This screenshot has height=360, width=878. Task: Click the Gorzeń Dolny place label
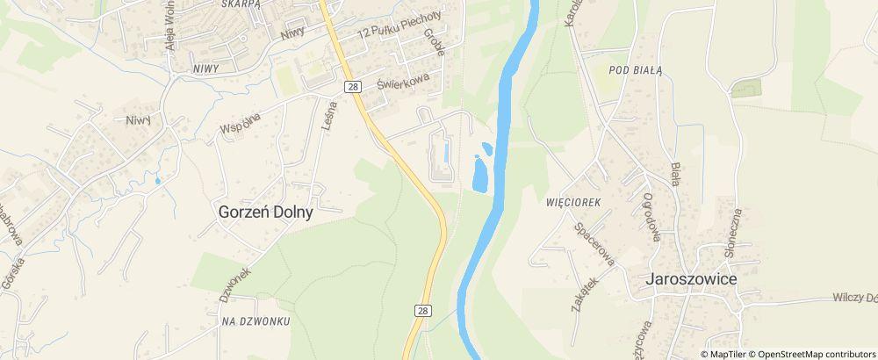[x=266, y=212]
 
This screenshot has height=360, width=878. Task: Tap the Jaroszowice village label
[x=691, y=278]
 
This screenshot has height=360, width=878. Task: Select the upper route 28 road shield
[x=352, y=86]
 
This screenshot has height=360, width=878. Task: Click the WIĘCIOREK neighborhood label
[x=572, y=202]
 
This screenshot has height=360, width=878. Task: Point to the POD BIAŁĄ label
[x=633, y=70]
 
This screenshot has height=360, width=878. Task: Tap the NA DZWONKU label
[x=255, y=321]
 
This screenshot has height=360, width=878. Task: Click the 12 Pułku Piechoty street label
[x=399, y=24]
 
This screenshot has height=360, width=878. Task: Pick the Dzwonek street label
[x=234, y=284]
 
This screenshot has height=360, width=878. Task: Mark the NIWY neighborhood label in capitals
[x=205, y=67]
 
